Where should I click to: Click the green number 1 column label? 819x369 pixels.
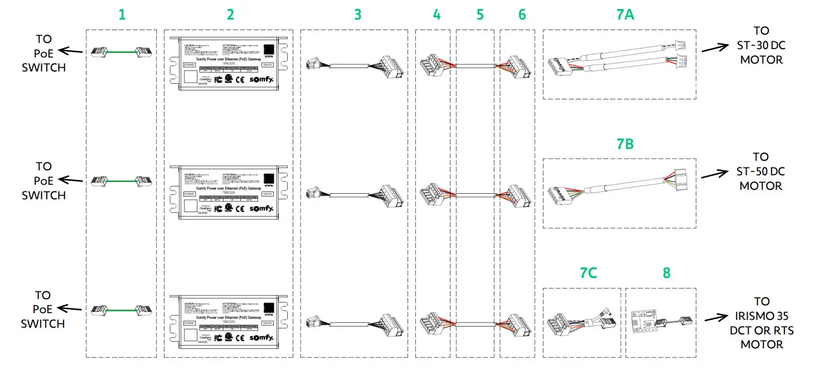tap(122, 15)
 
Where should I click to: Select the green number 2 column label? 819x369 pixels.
tap(230, 15)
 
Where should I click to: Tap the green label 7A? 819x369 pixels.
tap(625, 15)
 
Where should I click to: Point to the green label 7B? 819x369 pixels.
tap(625, 143)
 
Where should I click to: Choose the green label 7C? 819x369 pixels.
tap(588, 272)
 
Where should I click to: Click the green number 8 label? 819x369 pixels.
tap(666, 272)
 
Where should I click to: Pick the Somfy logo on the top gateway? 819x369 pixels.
tap(261, 80)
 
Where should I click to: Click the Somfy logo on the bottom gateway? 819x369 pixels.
tap(261, 338)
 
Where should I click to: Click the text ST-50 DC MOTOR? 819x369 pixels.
tap(761, 171)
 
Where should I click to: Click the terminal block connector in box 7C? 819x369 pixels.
tap(560, 323)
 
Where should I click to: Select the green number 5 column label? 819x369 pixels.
tap(480, 15)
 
